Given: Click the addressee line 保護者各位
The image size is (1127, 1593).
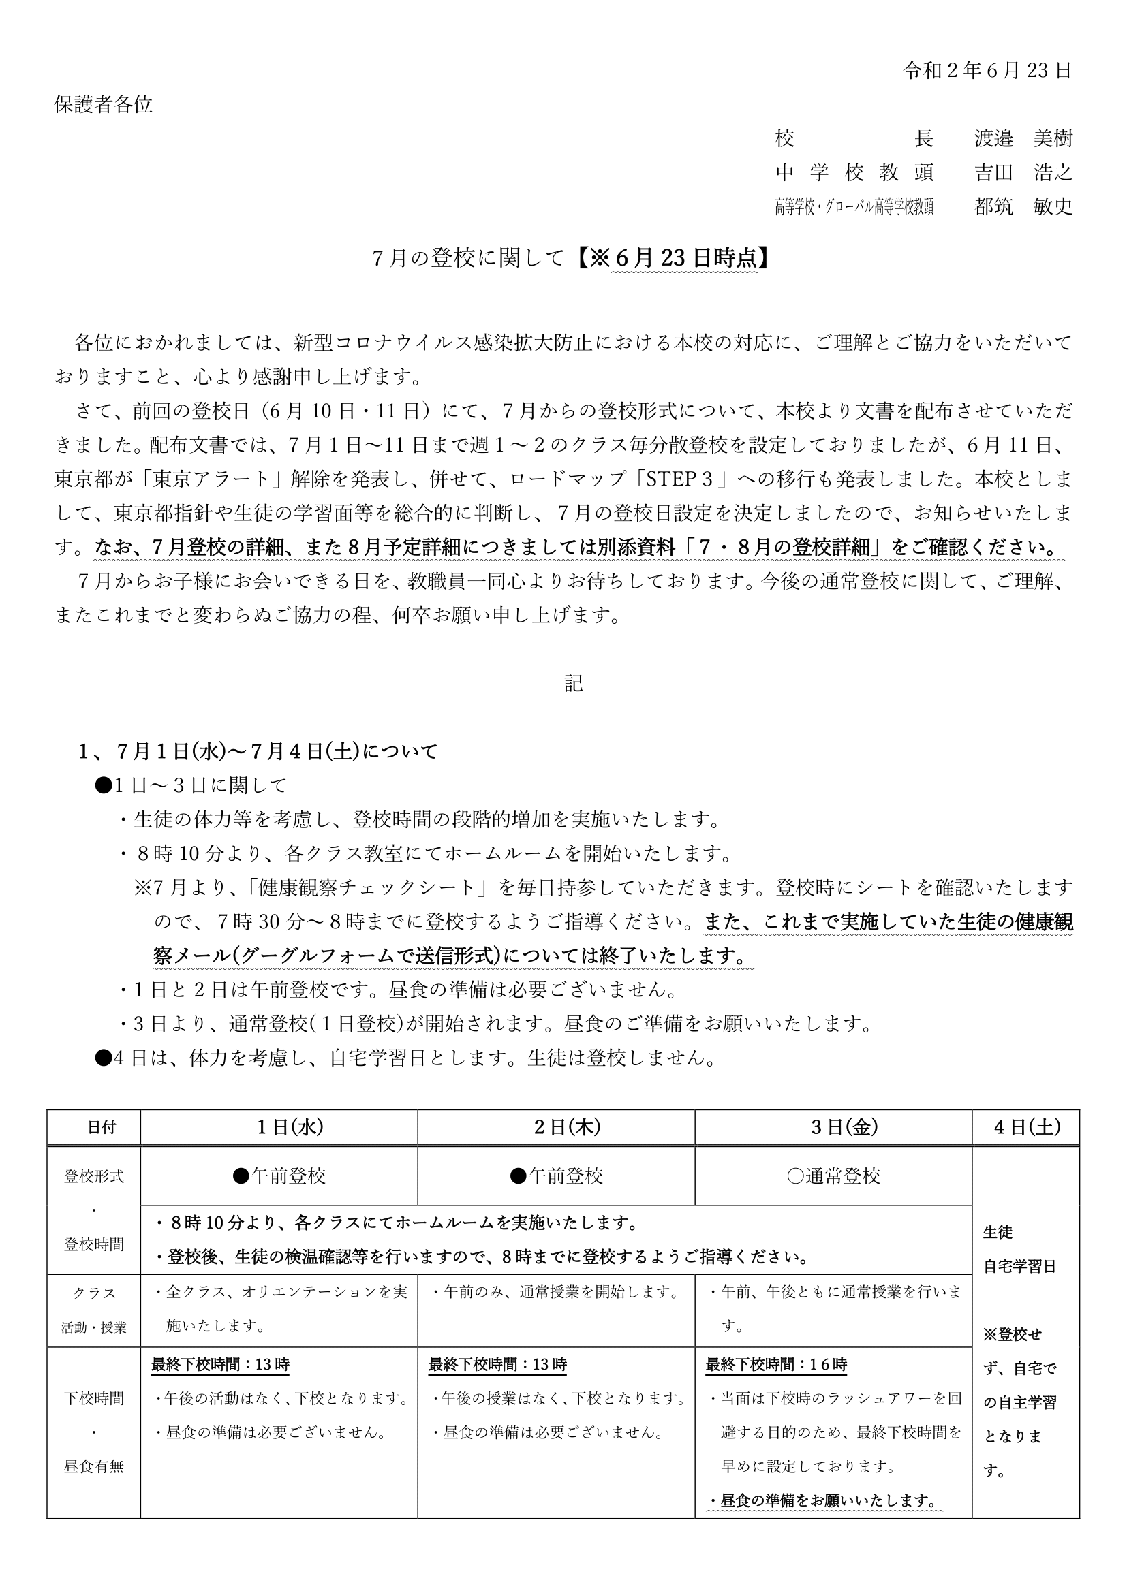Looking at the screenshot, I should pos(104,105).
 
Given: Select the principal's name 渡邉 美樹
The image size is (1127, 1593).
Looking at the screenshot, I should pos(1023,139).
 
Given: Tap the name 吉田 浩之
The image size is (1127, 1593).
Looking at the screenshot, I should pos(1023,172).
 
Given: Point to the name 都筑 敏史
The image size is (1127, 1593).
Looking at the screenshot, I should pos(1023,206).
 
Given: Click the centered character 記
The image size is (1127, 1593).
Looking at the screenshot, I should pos(573,683).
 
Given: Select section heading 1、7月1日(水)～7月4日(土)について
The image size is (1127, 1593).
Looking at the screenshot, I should pos(258,751).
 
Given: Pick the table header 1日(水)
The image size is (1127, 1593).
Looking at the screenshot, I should pos(279,1127).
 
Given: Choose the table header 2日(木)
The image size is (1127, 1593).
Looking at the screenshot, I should pos(557,1127).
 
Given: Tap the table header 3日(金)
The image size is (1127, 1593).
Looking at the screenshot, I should pos(833,1127).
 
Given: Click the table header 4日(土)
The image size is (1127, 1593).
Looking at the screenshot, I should pos(1026,1127).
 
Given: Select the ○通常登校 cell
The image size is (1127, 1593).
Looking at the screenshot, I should pos(833,1176).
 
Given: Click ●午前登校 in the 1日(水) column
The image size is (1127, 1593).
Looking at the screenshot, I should pos(279,1176).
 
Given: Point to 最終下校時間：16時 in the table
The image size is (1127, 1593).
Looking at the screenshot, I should pos(776,1364).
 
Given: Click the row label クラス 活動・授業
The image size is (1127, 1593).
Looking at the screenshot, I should pos(93,1310).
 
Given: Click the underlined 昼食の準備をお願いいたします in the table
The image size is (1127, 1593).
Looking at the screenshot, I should pos(824,1499).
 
